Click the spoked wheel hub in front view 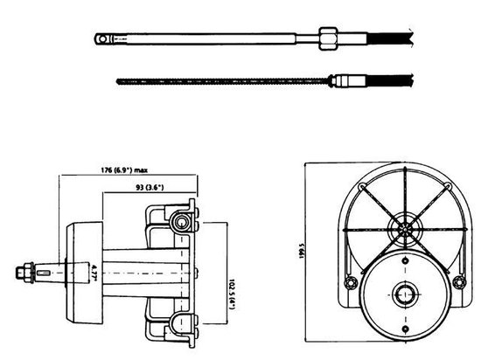click(x=405, y=231)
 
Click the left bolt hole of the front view click(x=352, y=281)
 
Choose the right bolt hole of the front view click(x=458, y=281)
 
